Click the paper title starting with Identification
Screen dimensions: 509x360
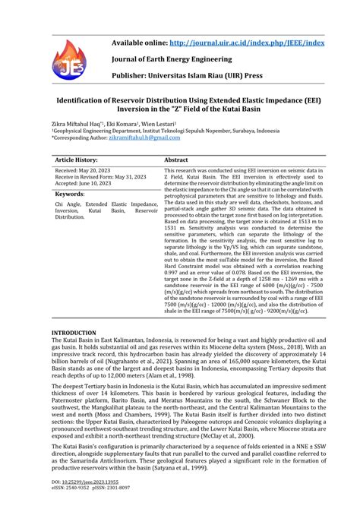[179, 104]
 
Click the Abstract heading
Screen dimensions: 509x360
[176, 161]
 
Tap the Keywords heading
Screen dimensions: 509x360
[70, 195]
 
